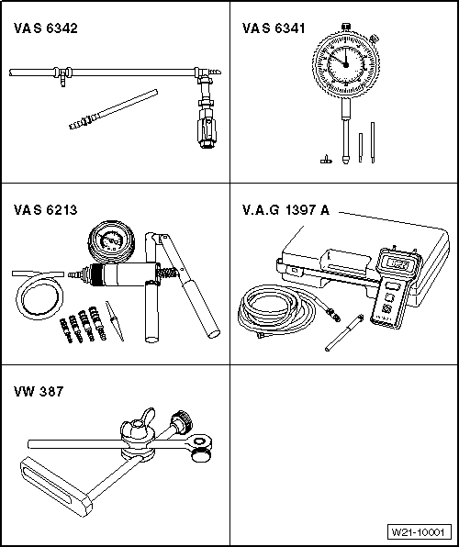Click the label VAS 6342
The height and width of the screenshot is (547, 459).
click(45, 29)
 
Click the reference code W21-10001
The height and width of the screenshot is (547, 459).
click(420, 532)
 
